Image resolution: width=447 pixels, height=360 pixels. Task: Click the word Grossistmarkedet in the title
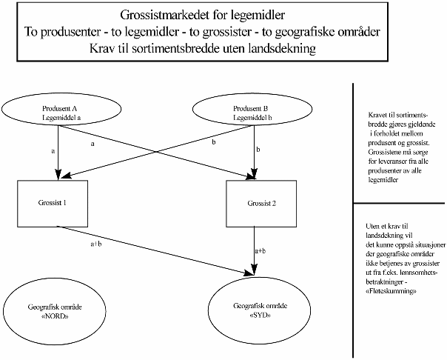[155, 16]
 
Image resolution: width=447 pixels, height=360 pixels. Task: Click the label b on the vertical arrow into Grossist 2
[258, 150]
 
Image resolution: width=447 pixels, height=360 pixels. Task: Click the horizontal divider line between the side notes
[399, 203]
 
